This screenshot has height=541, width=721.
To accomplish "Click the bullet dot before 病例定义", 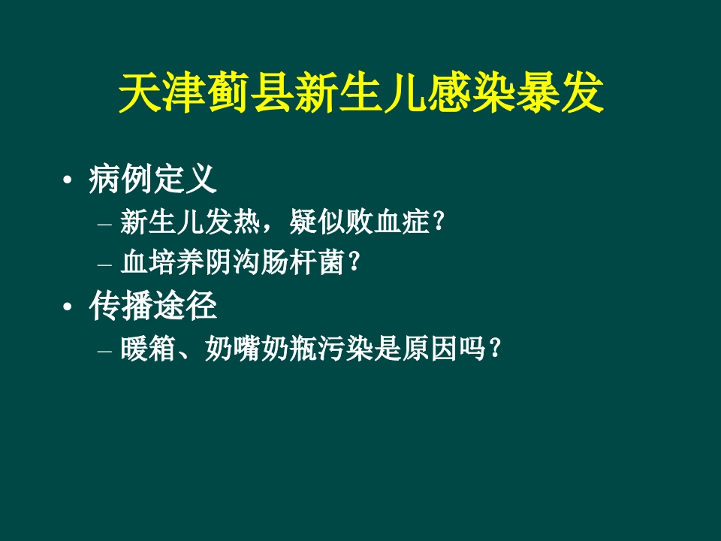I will [68, 181].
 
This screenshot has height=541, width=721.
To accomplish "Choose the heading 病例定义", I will [152, 180].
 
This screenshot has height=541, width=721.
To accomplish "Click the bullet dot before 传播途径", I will [68, 307].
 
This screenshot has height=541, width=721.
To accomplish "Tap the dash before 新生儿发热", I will [104, 223].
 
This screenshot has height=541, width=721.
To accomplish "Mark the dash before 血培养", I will [104, 264].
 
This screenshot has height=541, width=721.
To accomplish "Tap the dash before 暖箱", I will [104, 350].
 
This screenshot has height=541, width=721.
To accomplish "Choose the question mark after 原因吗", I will [492, 349].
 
